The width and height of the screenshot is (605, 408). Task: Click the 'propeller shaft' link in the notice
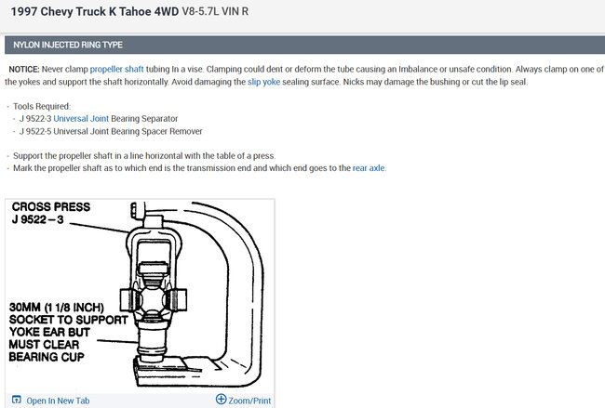pos(116,70)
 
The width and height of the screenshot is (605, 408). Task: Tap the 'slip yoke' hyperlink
pos(264,82)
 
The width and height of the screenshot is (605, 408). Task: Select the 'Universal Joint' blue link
pos(81,119)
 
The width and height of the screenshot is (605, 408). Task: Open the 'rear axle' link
pos(369,168)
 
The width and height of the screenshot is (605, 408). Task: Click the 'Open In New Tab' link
pos(58,401)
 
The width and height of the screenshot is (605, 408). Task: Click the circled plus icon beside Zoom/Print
pos(222,400)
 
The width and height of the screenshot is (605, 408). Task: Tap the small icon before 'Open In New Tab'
pos(16,400)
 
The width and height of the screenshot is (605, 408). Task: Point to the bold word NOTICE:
pos(24,70)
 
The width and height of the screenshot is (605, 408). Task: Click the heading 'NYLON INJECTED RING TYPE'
pos(68,46)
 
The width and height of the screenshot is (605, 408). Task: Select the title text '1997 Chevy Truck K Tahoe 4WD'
pos(95,11)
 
